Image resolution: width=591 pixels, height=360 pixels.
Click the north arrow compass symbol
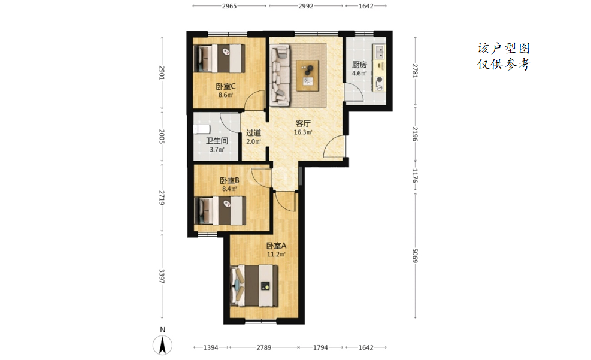coord(162,345)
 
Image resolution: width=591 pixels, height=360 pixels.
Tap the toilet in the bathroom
coord(201,129)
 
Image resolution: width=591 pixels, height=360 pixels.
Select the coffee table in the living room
coord(309,75)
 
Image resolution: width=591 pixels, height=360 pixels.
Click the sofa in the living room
coord(280,74)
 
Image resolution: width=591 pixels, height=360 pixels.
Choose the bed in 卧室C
coord(219,59)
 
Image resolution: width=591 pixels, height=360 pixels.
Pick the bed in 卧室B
coord(220,210)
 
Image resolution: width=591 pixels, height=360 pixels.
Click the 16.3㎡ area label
coord(303,132)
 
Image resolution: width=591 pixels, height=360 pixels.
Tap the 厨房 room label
coord(359,65)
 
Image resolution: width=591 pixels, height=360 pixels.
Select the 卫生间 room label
coord(217,141)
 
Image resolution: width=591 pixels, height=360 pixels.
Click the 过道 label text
coord(253,133)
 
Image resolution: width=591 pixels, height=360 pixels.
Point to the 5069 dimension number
coord(415,256)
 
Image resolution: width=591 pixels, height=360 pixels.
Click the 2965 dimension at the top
coord(229,6)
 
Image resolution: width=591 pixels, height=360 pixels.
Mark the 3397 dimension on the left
coord(162,276)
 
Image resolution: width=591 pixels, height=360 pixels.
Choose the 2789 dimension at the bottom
coord(264,347)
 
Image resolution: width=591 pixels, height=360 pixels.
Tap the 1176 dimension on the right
coord(415,176)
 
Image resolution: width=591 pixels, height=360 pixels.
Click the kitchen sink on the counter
coord(379,52)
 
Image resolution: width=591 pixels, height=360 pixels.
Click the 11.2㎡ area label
coord(276,255)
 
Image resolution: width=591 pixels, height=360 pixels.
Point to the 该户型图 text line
coord(503,49)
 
